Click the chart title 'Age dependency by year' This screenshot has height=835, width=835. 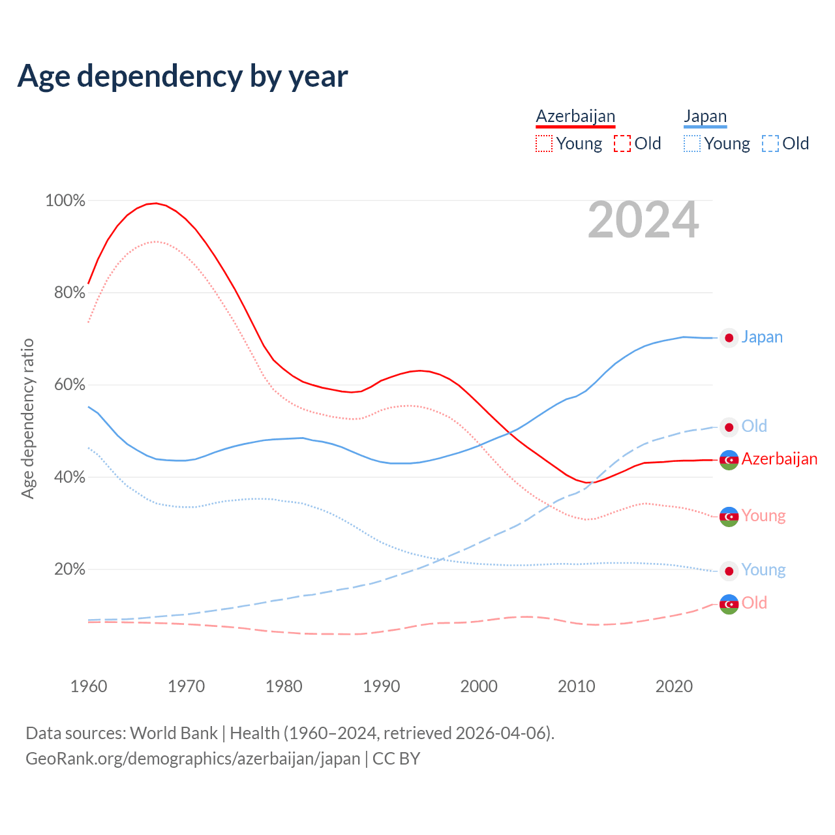coord(183,76)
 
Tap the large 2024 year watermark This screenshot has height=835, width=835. coord(643,220)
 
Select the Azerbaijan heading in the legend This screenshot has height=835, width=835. coord(575,116)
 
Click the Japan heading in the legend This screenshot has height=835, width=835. coord(705,116)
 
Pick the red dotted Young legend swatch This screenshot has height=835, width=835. coord(543,144)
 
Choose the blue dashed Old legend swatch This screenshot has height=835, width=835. coord(770,144)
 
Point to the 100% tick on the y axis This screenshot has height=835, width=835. coord(65,200)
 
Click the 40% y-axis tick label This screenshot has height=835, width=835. coord(69,477)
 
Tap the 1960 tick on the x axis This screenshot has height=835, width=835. coord(89,686)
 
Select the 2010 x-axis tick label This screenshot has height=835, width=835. coord(577,686)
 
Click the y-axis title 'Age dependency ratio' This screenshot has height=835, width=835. coord(27,418)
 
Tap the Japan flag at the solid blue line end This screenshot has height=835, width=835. coord(729,338)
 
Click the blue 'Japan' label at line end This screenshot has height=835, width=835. coord(762,337)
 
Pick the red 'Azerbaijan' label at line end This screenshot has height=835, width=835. coord(779,459)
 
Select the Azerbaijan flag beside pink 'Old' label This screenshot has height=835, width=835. coord(729,604)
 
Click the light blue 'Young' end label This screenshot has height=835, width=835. coord(763,569)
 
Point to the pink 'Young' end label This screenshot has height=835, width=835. coord(763,515)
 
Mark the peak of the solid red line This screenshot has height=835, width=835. coord(155,203)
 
